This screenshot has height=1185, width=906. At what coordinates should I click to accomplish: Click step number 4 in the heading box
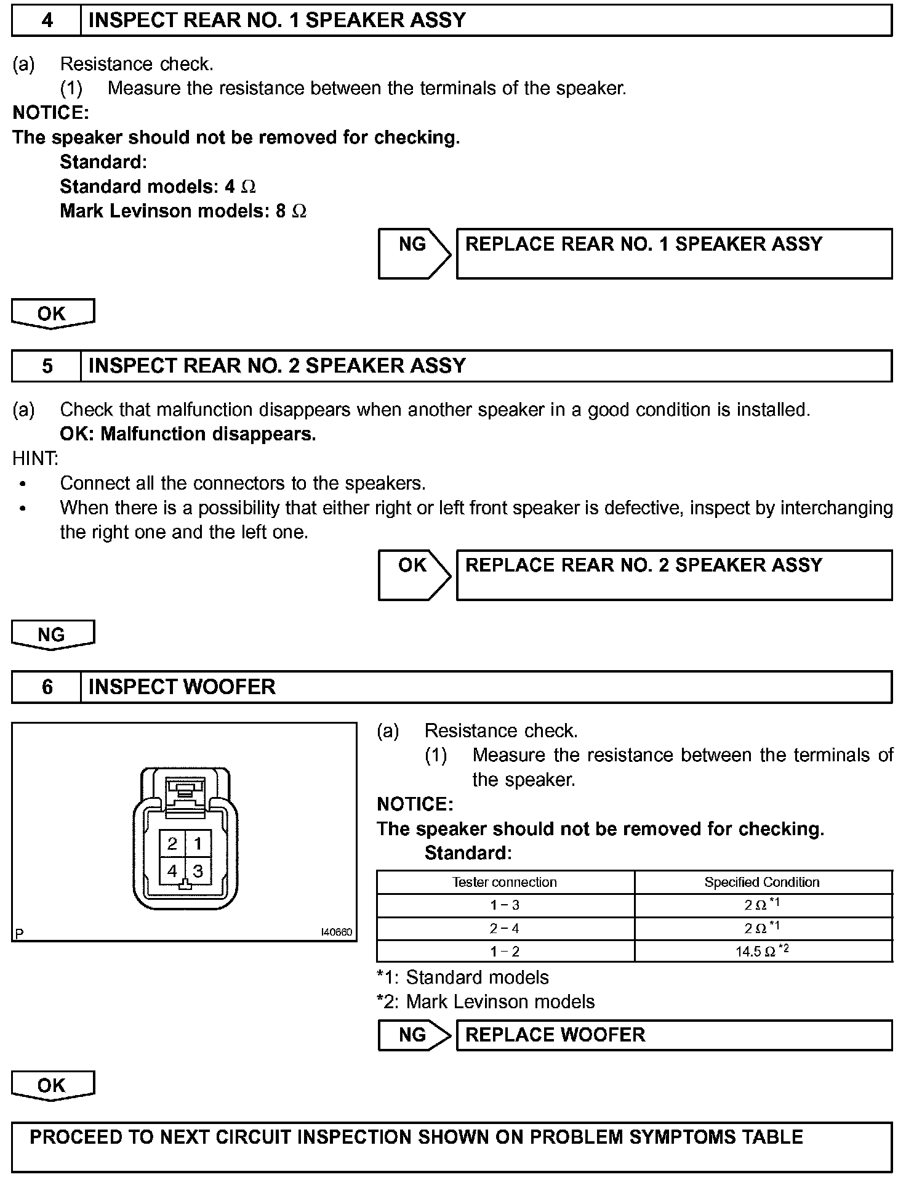tap(47, 20)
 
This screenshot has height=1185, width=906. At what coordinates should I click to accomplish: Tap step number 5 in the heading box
tap(47, 366)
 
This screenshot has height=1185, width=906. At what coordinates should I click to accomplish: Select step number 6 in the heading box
tap(47, 687)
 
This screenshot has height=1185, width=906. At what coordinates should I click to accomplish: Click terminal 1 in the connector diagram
tap(198, 843)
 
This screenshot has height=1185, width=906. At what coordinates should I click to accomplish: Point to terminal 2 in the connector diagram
tap(172, 843)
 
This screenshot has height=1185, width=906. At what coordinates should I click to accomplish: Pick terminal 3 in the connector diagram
tap(198, 871)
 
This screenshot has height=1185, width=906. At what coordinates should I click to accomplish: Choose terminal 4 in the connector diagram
tap(172, 871)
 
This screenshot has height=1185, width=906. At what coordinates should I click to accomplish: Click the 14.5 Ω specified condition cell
tap(763, 951)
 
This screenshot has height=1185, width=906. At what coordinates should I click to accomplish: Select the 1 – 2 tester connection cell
tap(505, 952)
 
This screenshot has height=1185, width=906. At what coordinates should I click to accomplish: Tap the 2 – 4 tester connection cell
tap(505, 928)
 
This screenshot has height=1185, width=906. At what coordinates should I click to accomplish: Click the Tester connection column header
tap(505, 882)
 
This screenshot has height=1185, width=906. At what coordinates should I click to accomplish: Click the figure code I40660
tap(337, 932)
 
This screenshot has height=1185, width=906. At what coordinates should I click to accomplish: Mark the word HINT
tap(36, 458)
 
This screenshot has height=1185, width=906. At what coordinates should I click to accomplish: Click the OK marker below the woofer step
tap(52, 1085)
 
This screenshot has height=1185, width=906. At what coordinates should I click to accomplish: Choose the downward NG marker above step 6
tap(52, 635)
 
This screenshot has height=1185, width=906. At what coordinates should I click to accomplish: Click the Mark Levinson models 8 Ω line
tap(183, 211)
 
